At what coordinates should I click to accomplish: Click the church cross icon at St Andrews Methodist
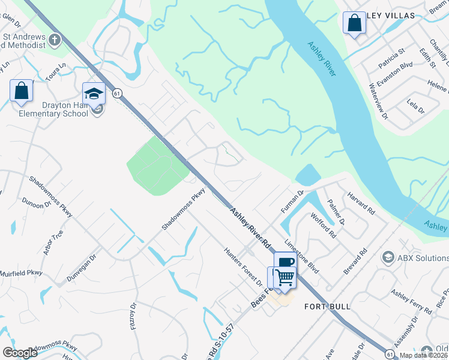click(x=55, y=40)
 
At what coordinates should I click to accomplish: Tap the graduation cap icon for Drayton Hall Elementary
click(x=94, y=93)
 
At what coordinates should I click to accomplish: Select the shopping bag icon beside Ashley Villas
click(x=354, y=23)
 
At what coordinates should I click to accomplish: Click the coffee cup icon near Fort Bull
click(x=286, y=262)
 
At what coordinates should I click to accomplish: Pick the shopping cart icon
click(x=285, y=277)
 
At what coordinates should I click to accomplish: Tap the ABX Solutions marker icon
click(x=387, y=257)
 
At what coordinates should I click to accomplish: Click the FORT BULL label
click(x=327, y=307)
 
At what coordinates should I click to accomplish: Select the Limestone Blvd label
click(x=302, y=254)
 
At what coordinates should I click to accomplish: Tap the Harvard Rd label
click(x=361, y=205)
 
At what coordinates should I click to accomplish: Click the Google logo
click(x=20, y=353)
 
